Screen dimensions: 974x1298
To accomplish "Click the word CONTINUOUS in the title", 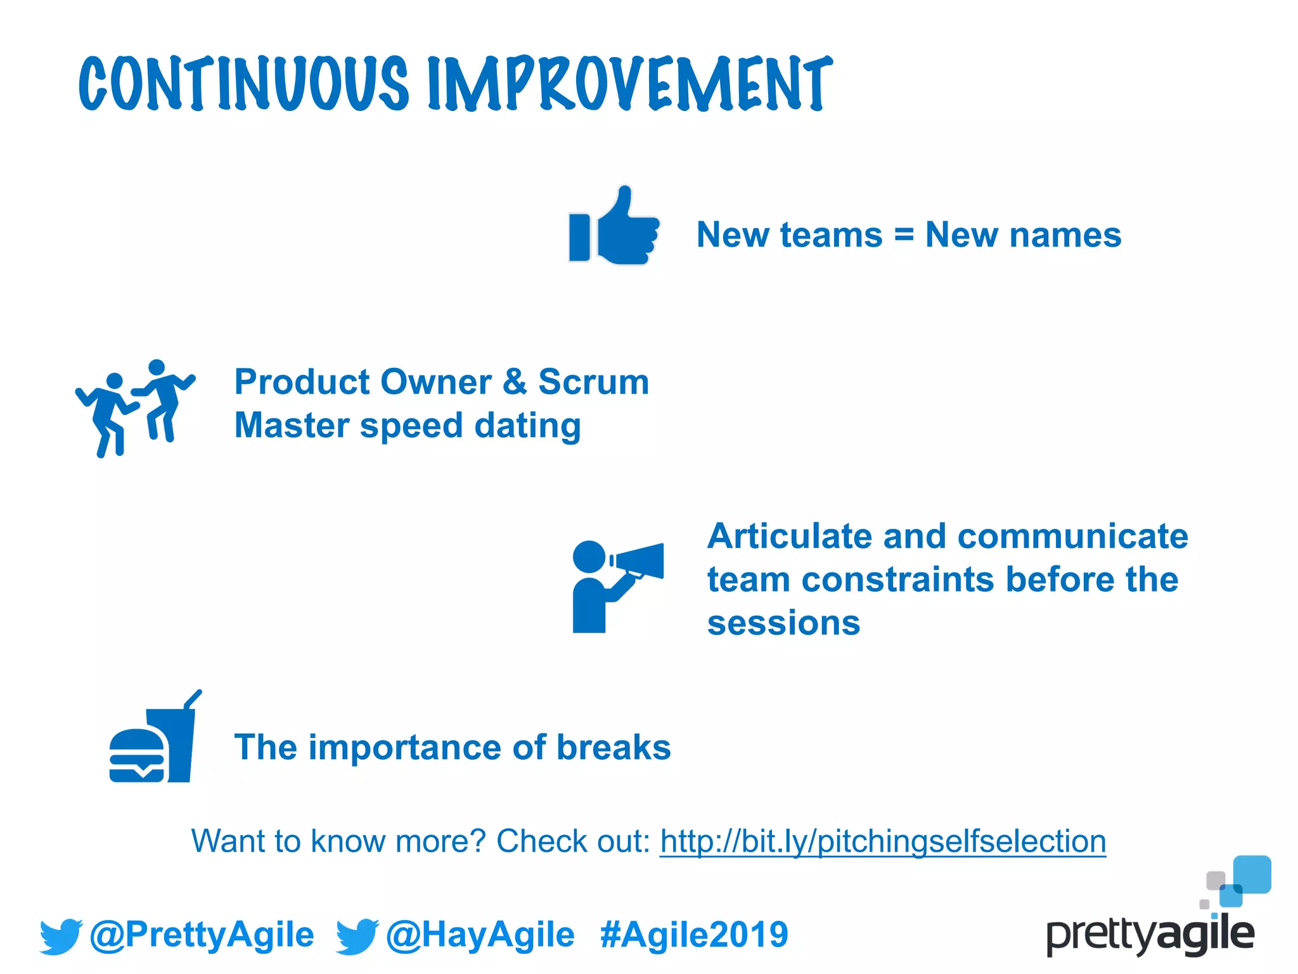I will coord(244,84).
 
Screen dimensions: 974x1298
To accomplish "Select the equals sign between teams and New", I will coord(904,235).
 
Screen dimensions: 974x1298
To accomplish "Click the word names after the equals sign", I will coord(1065,235).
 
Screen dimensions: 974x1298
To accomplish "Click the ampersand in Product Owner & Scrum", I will coord(515,382).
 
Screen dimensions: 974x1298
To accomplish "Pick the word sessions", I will coord(783,623).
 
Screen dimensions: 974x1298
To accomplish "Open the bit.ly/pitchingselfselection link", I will coord(883,841).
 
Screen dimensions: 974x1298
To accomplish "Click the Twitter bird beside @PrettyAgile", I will coord(61,936).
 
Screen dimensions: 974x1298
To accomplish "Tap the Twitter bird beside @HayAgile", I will coord(357,936).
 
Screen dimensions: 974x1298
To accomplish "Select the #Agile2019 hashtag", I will coord(694,935).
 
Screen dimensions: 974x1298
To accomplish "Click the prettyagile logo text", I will coord(1150,935).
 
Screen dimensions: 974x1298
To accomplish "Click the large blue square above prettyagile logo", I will coord(1252,874).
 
